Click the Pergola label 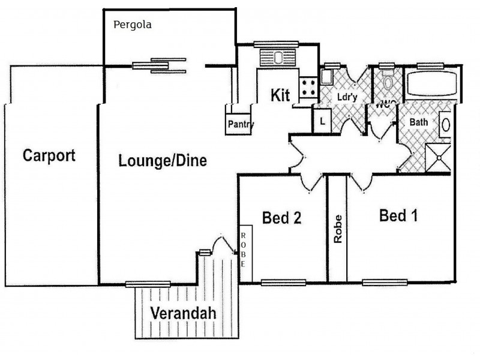(x=133, y=25)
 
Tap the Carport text (x=49, y=156)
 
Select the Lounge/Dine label (x=163, y=161)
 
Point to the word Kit (x=281, y=95)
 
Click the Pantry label (x=240, y=125)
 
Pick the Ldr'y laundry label (x=344, y=96)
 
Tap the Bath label (x=418, y=122)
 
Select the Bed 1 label (x=398, y=215)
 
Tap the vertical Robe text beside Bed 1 (x=338, y=229)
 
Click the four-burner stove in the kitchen (x=309, y=87)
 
